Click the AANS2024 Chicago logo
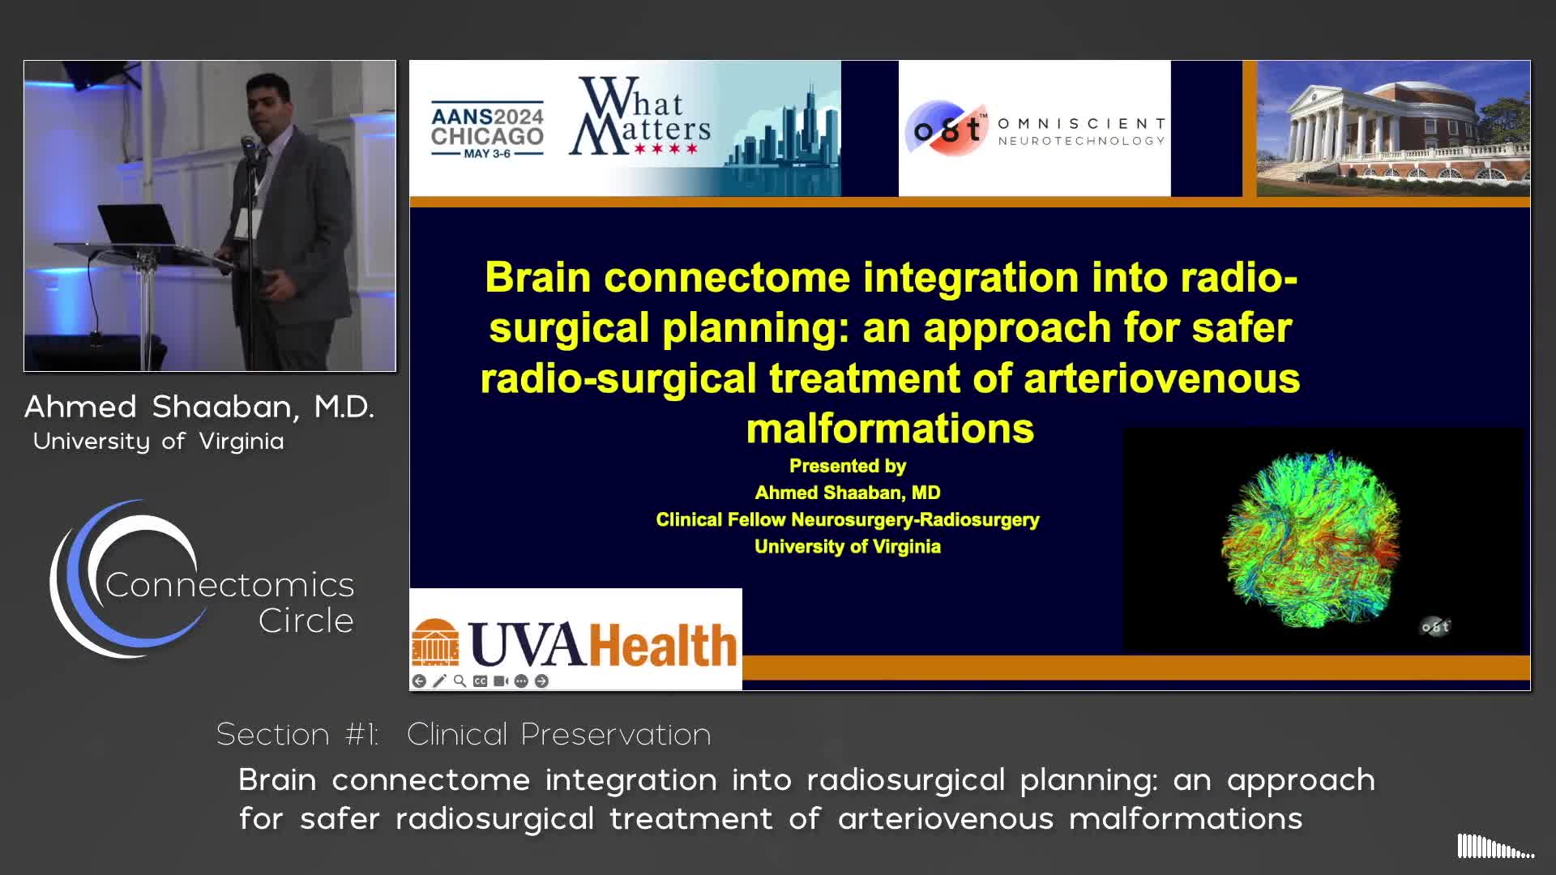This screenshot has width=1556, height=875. [x=487, y=130]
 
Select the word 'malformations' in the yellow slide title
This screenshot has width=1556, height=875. [x=890, y=429]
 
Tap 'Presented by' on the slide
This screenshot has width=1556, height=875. [x=848, y=466]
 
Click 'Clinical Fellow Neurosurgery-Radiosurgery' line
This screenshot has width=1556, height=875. [x=848, y=519]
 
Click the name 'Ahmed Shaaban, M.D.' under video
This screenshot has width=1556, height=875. [x=199, y=407]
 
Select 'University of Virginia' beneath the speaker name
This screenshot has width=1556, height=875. [x=159, y=442]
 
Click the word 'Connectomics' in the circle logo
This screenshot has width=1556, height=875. [x=229, y=585]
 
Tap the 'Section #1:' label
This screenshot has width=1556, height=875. [x=297, y=734]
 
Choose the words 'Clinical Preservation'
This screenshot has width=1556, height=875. [x=558, y=734]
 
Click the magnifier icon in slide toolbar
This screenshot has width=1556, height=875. [x=460, y=681]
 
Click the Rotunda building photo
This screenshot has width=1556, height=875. [x=1393, y=128]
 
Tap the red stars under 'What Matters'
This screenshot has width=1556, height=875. [x=666, y=149]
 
